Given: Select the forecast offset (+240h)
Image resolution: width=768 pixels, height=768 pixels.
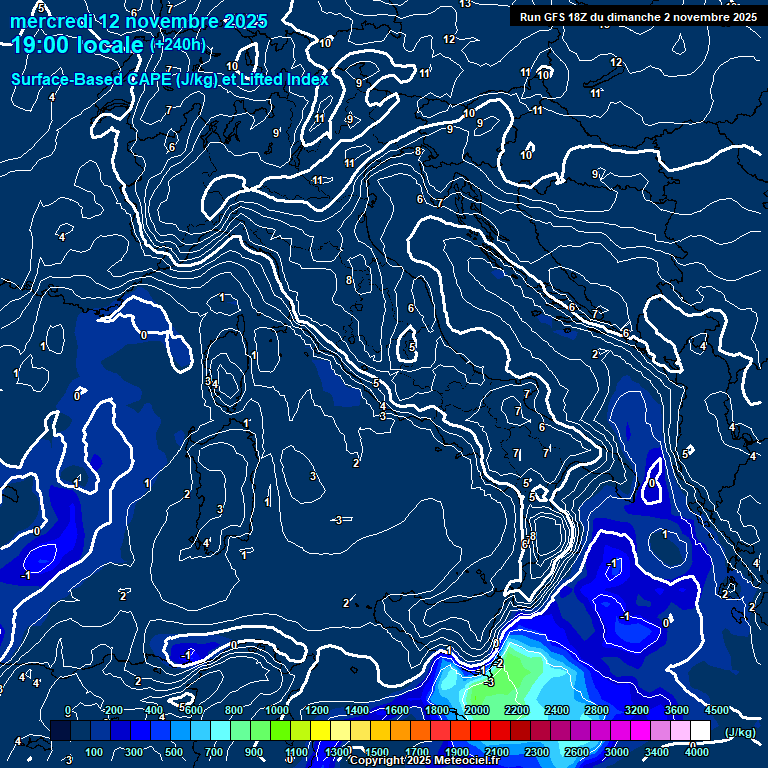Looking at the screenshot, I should click(x=178, y=45).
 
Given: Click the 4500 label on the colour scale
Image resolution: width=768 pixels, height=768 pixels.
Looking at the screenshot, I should click(x=716, y=710).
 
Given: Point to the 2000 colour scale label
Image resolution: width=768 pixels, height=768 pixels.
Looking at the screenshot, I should click(x=477, y=710).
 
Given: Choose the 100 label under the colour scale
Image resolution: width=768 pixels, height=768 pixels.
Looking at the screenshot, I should click(x=94, y=752).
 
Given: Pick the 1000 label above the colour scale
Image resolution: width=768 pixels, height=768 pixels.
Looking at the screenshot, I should click(x=277, y=710).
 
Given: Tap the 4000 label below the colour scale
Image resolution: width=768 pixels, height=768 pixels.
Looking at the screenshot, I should click(x=696, y=752).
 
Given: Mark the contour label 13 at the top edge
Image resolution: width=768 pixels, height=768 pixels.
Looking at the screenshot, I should click(x=465, y=4).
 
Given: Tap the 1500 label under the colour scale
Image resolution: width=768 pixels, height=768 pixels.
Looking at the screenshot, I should click(x=377, y=752).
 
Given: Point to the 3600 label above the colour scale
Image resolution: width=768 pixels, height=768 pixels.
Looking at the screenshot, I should click(x=677, y=710).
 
